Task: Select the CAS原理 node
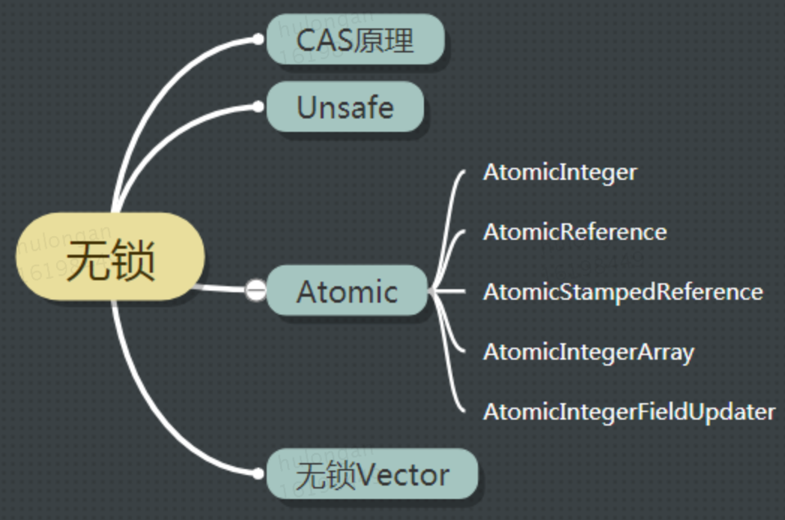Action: click(x=355, y=39)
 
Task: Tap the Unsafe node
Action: click(x=345, y=107)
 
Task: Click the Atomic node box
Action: click(x=347, y=291)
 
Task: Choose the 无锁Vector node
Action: click(x=372, y=474)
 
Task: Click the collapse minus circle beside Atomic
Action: click(x=256, y=289)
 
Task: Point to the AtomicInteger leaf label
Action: click(x=560, y=172)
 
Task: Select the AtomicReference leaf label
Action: click(x=575, y=232)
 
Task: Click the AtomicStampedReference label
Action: click(x=622, y=291)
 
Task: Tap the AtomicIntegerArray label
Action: click(x=588, y=351)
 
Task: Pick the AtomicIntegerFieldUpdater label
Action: click(x=628, y=411)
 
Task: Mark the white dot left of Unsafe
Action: click(x=258, y=107)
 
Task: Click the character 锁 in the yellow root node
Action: click(x=133, y=261)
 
